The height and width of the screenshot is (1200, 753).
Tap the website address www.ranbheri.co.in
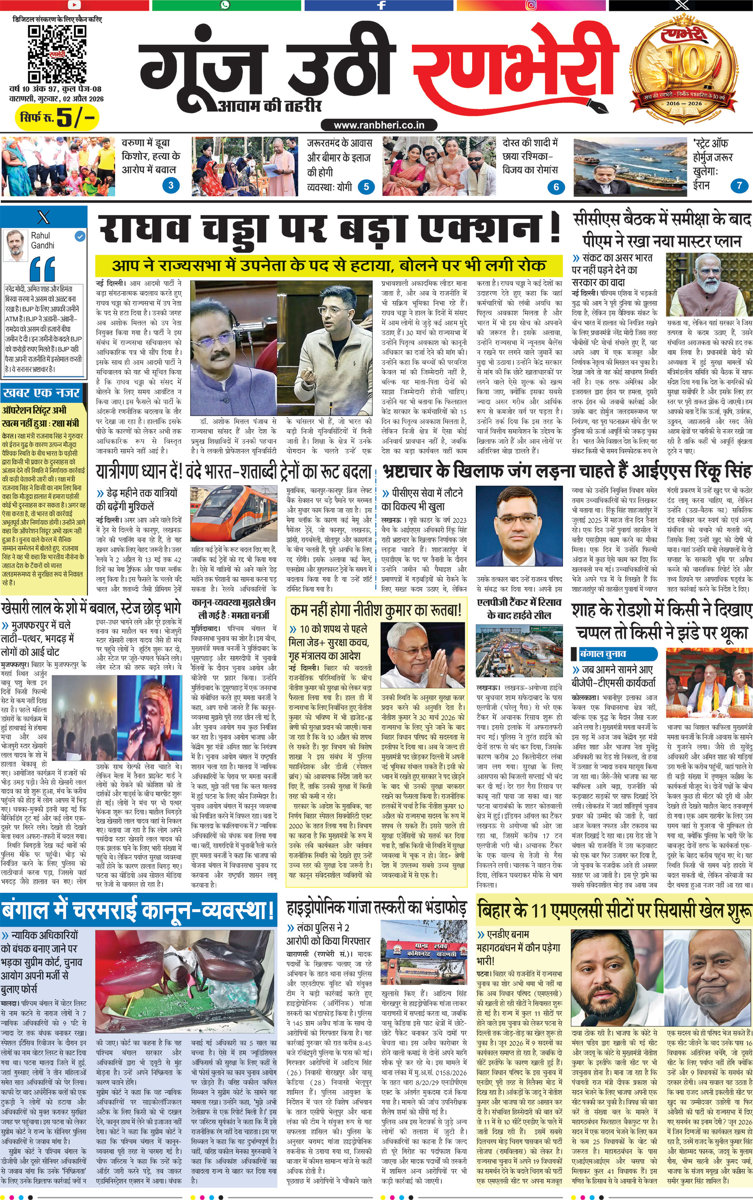coord(379,125)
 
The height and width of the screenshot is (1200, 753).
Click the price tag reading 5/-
coord(57,118)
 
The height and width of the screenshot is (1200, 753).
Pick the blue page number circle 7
coord(739,185)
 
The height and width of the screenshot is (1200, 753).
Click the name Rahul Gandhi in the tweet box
coord(42,240)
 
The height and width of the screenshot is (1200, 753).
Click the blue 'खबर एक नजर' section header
coord(42,393)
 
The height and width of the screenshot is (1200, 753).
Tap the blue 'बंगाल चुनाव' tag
coord(603,654)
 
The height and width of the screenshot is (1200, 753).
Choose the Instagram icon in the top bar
coord(532,5)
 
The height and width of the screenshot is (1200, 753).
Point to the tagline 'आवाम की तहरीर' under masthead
coord(269,105)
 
